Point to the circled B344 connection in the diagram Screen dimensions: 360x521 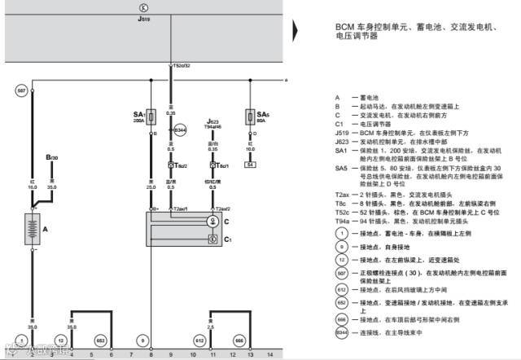point(182,130)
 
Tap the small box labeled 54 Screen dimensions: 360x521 point(250,165)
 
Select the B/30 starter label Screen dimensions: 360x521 point(52,156)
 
